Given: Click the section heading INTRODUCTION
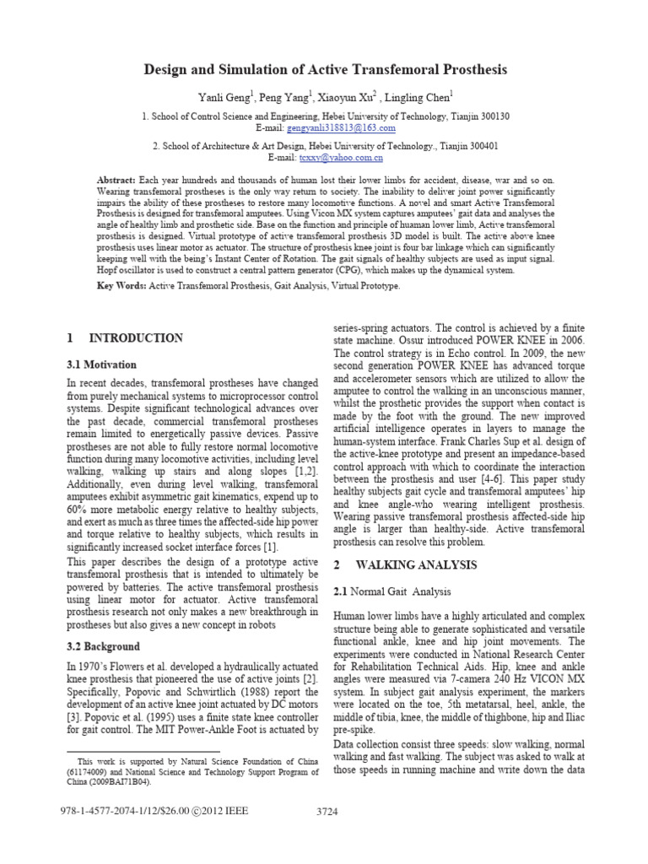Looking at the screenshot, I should pos(136,338).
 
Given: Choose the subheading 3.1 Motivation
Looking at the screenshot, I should pos(100,364).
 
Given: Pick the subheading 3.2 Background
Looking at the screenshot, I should pos(103,647).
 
